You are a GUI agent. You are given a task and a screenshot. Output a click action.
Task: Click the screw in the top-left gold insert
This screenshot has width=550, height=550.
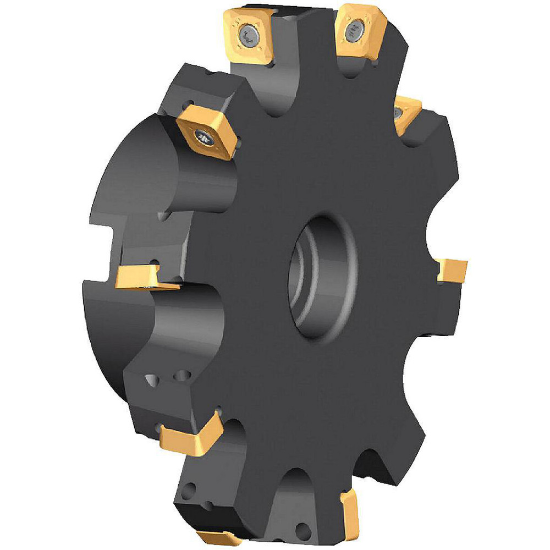pos(245,36)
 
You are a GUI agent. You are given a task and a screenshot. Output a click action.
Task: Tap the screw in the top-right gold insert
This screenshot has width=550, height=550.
pos(352,32)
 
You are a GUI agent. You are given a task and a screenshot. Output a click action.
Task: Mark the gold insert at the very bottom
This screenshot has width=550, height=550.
pos(217,538)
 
